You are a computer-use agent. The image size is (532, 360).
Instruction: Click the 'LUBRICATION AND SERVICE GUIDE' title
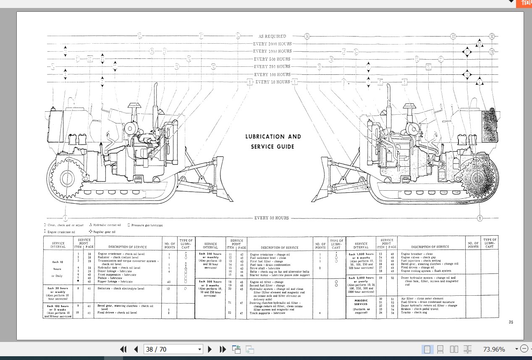[273, 142]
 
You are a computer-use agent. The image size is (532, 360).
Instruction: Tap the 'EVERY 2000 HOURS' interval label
[273, 44]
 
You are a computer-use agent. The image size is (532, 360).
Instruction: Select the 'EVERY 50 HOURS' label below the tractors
[272, 218]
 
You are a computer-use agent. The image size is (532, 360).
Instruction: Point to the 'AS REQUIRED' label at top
[273, 36]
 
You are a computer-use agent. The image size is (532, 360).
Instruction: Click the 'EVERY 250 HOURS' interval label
[272, 66]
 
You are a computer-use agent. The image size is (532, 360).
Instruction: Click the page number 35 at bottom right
[511, 322]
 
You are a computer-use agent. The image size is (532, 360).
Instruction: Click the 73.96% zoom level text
[494, 349]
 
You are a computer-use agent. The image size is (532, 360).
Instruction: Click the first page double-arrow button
[123, 349]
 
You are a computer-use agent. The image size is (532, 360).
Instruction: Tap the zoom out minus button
[524, 349]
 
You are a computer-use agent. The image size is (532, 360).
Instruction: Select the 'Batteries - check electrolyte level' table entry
[121, 289]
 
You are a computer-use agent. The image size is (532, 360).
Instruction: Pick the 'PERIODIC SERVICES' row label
[361, 302]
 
